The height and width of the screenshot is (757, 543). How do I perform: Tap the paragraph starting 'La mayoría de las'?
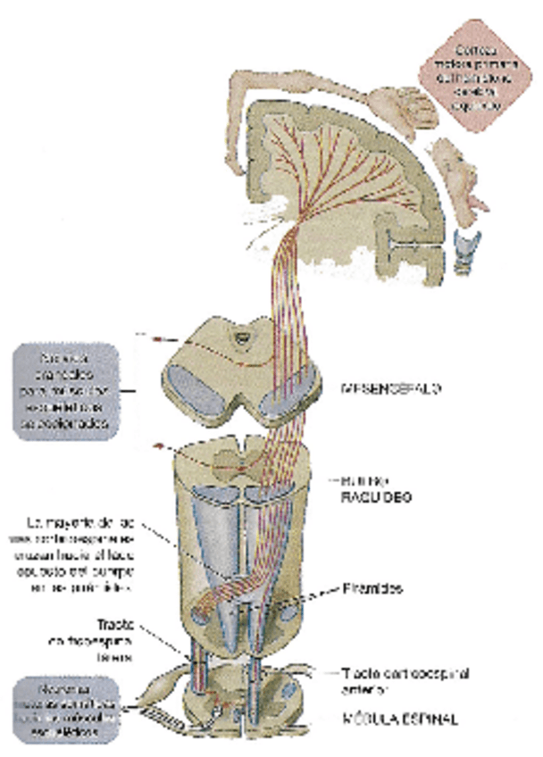click(94, 553)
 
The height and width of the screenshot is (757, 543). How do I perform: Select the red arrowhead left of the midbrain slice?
click(157, 340)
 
